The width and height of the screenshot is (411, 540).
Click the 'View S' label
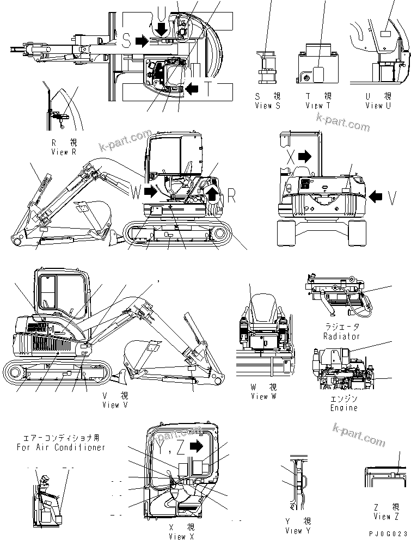[267, 106]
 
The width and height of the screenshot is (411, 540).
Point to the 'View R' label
[67, 152]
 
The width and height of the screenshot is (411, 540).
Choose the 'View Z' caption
[386, 517]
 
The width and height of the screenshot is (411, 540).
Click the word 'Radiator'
[341, 336]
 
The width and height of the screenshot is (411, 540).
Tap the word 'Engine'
[344, 408]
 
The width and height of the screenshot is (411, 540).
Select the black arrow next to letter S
[142, 41]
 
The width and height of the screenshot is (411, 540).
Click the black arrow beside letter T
[192, 88]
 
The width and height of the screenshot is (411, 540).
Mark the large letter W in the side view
[135, 191]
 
